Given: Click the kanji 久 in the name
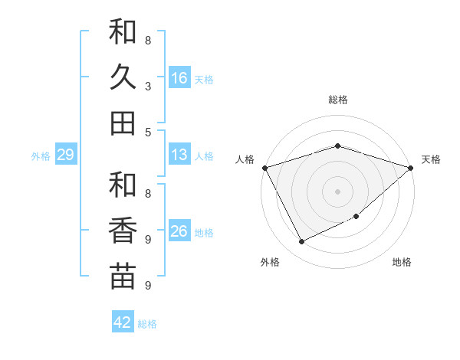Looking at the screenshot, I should [123, 77].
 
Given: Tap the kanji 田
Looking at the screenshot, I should [123, 123].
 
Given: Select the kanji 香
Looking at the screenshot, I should [123, 231].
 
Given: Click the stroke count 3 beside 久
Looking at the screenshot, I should [148, 87].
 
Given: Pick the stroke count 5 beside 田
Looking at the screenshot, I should [148, 132].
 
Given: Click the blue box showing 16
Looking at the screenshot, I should [179, 78].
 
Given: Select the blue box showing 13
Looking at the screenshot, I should [179, 155].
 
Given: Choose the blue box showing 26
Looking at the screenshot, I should [179, 231].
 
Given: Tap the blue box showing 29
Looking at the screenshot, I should [65, 155].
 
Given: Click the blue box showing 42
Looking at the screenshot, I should [123, 322].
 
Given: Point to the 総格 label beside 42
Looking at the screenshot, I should [147, 324].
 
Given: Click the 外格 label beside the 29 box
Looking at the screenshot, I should [41, 156].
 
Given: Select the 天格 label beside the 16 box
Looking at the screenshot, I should [203, 79].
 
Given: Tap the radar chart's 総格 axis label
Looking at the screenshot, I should [337, 100].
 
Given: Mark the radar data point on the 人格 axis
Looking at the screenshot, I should [264, 168].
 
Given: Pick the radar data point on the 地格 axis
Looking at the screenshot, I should [357, 218].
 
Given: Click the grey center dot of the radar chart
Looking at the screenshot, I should [337, 191].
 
